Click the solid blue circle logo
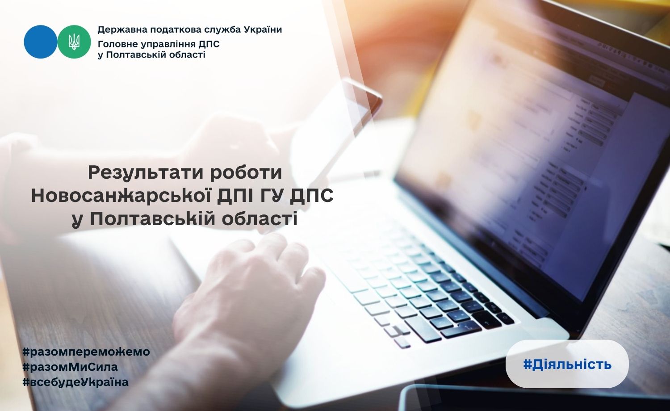[x=40, y=42]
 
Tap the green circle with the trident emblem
[x=74, y=42]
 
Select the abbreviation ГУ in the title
[x=272, y=196]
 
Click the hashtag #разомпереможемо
[x=86, y=352]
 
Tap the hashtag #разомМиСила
[x=70, y=367]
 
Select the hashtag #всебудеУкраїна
[x=75, y=382]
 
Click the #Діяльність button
[x=567, y=365]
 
